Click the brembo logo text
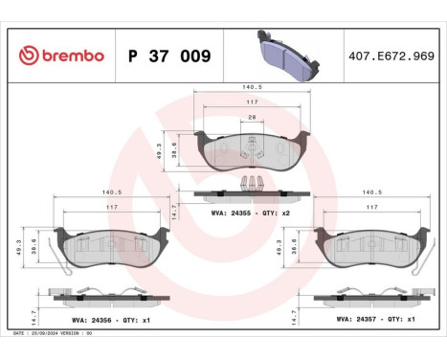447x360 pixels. [x=62, y=55]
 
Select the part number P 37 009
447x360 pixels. [x=169, y=55]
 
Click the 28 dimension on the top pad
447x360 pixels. [x=251, y=118]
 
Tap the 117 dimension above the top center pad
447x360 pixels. [x=252, y=102]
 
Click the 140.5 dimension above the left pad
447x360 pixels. [x=111, y=191]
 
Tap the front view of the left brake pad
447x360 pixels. [x=111, y=247]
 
